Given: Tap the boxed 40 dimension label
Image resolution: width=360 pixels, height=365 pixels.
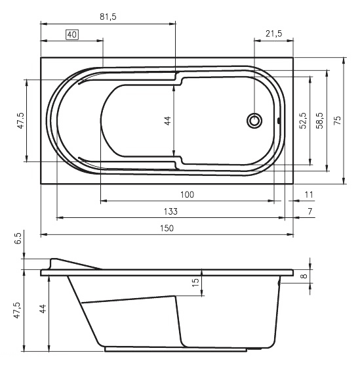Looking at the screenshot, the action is click(72, 35).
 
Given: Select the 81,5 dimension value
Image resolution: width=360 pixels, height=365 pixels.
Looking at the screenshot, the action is click(108, 17).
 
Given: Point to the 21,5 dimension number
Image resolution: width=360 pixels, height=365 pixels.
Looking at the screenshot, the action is click(273, 33).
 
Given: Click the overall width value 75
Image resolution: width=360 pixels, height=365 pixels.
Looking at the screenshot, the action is click(337, 120).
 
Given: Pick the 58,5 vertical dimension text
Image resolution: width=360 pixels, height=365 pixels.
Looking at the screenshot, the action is click(319, 120).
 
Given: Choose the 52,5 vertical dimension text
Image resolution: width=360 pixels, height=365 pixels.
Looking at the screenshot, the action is click(303, 120).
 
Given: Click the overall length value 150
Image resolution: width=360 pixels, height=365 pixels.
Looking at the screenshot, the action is click(167, 228).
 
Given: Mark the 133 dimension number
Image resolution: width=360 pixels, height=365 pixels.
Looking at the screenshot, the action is click(170, 211).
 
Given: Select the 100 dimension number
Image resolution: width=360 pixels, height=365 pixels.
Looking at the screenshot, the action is click(187, 194).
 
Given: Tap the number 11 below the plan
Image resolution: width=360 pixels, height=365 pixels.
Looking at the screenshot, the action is click(309, 194).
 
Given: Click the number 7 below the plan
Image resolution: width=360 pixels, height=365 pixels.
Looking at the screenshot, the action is click(310, 211).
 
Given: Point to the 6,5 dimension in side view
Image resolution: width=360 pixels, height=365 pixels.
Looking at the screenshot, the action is click(18, 238).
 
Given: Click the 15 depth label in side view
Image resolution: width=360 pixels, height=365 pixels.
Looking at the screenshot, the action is click(195, 282).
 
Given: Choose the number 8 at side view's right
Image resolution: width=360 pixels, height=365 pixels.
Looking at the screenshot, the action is click(304, 276).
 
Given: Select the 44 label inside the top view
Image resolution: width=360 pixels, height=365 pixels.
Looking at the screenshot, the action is click(167, 121).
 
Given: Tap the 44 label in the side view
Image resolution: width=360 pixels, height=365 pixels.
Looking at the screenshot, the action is click(43, 309).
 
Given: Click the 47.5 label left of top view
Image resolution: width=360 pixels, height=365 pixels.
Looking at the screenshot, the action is click(20, 120).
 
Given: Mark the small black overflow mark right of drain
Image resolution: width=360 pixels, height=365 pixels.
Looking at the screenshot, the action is click(279, 121).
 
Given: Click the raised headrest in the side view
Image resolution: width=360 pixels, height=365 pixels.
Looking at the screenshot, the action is click(70, 264).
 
